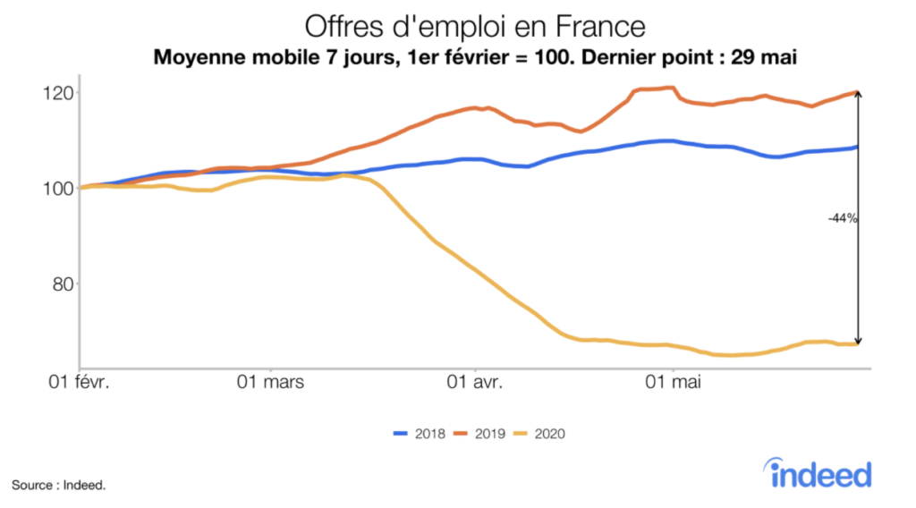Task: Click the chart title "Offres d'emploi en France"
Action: (x=475, y=24)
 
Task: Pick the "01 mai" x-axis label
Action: (x=672, y=383)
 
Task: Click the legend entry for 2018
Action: (x=420, y=434)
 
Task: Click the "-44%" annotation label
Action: (x=843, y=217)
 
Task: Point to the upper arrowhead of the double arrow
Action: (x=858, y=95)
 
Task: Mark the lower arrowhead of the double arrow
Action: (x=858, y=341)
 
